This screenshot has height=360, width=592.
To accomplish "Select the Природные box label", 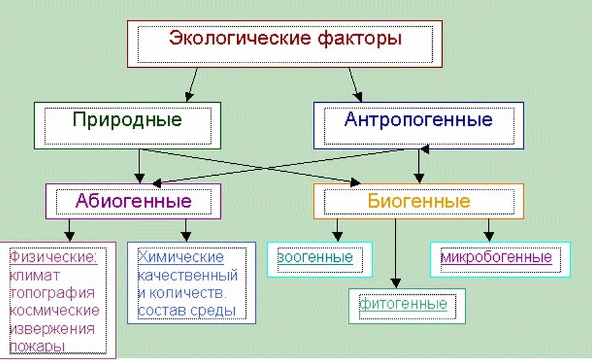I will pyautogui.click(x=127, y=120).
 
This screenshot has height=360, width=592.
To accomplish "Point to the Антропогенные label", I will pyautogui.click(x=418, y=120).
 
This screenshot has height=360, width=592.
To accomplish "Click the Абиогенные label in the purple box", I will pyautogui.click(x=133, y=201).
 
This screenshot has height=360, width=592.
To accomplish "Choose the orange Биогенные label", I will pyautogui.click(x=419, y=201).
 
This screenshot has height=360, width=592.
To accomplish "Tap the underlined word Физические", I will pyautogui.click(x=53, y=257).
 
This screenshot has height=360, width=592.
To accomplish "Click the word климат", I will pyautogui.click(x=35, y=274).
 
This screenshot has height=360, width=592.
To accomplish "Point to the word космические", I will pyautogui.click(x=55, y=310).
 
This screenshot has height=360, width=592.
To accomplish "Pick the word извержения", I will pyautogui.click(x=53, y=328).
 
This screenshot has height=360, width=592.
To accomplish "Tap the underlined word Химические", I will pyautogui.click(x=181, y=257).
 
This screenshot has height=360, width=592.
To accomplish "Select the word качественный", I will pyautogui.click(x=187, y=274).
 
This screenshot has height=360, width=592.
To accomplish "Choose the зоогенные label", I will pyautogui.click(x=316, y=257).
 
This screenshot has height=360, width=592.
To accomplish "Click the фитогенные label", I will pyautogui.click(x=403, y=304).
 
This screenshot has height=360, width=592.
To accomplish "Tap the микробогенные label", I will pyautogui.click(x=497, y=257).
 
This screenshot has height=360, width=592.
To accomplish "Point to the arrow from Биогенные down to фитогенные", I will pyautogui.click(x=395, y=253).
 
